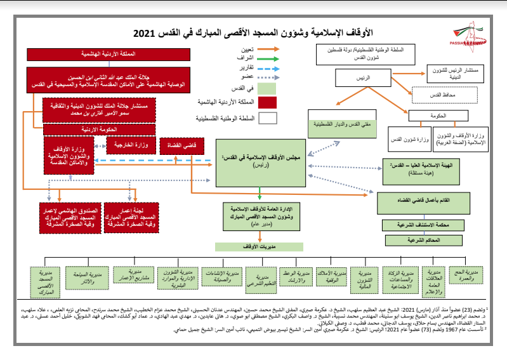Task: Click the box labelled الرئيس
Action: (364, 77)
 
